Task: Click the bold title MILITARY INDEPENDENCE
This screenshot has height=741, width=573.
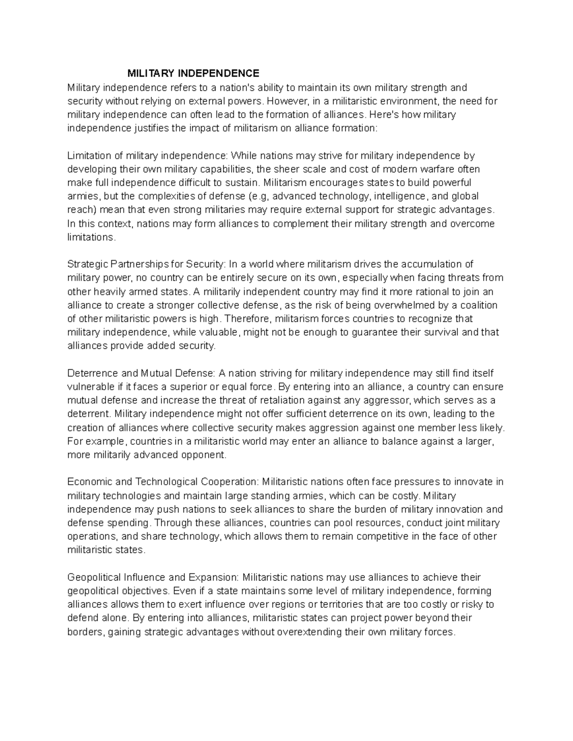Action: (x=193, y=73)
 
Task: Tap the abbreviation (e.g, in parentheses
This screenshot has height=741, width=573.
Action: (x=259, y=197)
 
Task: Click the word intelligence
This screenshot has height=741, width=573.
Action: (x=402, y=197)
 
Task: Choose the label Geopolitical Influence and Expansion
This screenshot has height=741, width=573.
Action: (x=152, y=577)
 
